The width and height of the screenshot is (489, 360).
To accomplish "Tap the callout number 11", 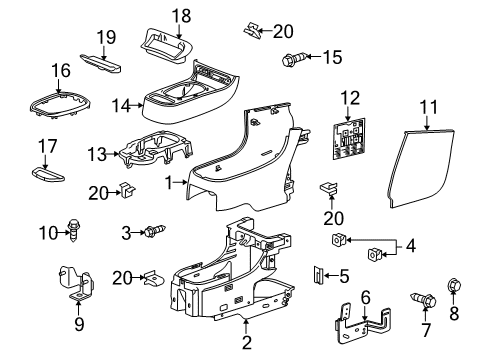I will (x=429, y=104).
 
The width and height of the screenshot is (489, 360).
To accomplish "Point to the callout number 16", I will (x=62, y=70).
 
